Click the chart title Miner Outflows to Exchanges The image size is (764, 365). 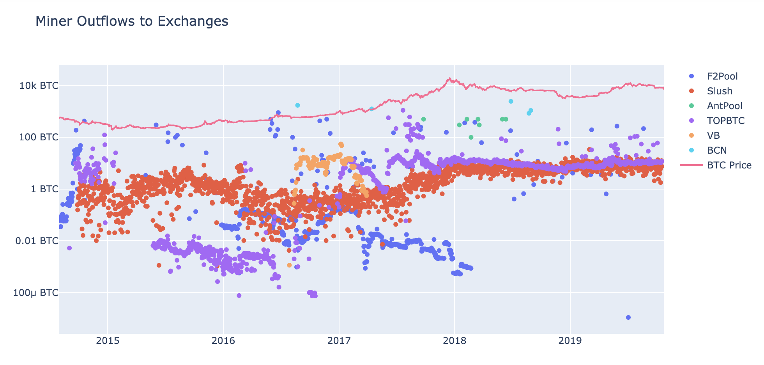tap(132, 21)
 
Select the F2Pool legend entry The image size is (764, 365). tap(722, 76)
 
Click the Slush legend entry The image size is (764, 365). tap(720, 91)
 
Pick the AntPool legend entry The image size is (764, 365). tap(725, 106)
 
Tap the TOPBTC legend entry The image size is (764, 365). tap(726, 121)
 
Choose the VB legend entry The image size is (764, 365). tap(713, 136)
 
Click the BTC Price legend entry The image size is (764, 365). tap(729, 165)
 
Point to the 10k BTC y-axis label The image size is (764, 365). tap(39, 85)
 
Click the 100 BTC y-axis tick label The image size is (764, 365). tap(39, 137)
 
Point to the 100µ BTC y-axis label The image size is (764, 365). tap(36, 293)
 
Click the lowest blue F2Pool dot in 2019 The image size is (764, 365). tap(628, 317)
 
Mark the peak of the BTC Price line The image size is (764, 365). tap(449, 78)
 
